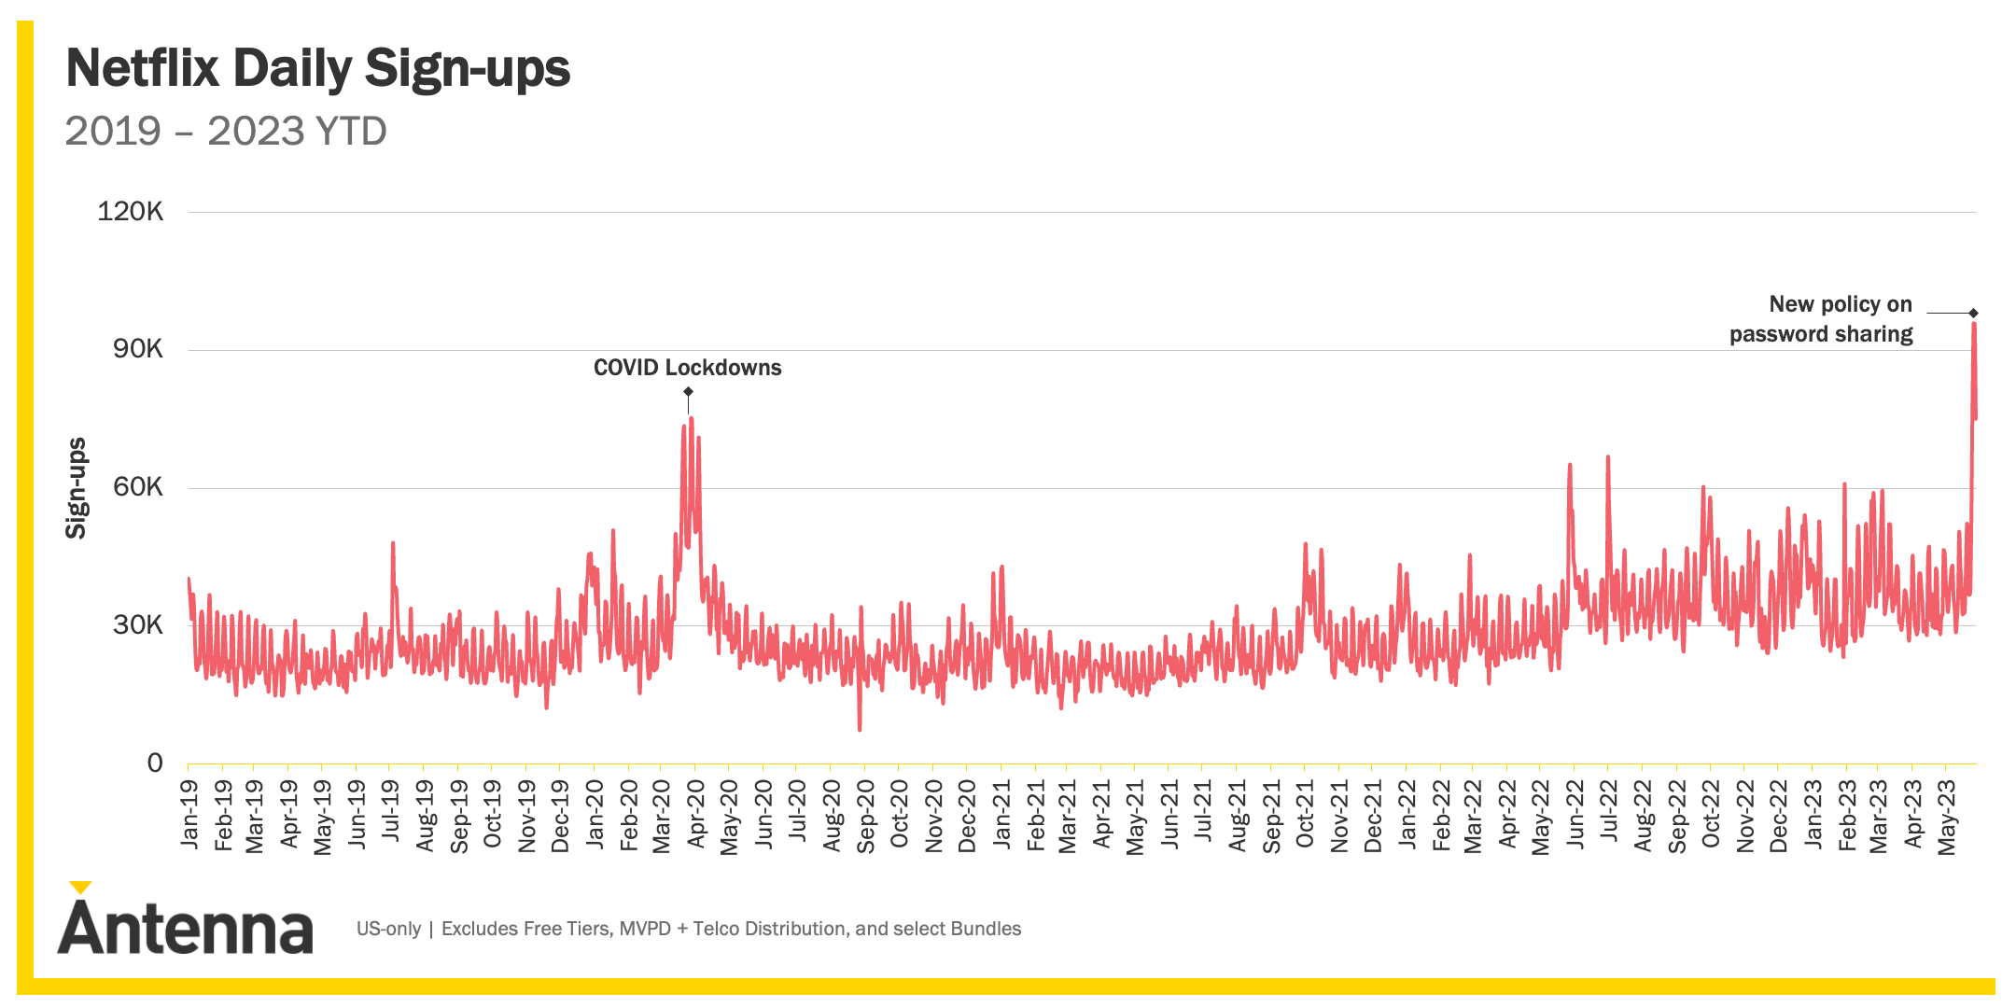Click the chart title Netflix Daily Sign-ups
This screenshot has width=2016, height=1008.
[x=317, y=68]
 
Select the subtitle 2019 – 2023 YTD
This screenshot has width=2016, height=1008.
[x=226, y=131]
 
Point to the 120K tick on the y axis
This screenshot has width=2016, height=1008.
[x=131, y=212]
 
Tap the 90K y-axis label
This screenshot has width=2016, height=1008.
[x=137, y=350]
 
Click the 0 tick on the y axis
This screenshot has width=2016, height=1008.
[x=155, y=763]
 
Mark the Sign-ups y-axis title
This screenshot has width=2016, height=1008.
[x=76, y=488]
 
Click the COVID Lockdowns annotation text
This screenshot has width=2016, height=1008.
[x=687, y=368]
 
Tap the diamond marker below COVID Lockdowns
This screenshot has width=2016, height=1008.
[x=688, y=392]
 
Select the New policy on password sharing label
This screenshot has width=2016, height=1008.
[x=1821, y=319]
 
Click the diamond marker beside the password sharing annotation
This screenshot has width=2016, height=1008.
[x=1974, y=313]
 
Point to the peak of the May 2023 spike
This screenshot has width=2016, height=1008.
[x=1974, y=325]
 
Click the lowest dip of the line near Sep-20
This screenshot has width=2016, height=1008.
[x=860, y=729]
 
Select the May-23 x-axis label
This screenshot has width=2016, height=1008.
[x=1947, y=818]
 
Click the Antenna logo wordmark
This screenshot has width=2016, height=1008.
[x=185, y=929]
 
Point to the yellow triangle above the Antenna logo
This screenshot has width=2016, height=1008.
[x=81, y=887]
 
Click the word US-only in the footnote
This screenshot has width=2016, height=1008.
[x=388, y=929]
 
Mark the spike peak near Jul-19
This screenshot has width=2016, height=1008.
[x=393, y=542]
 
